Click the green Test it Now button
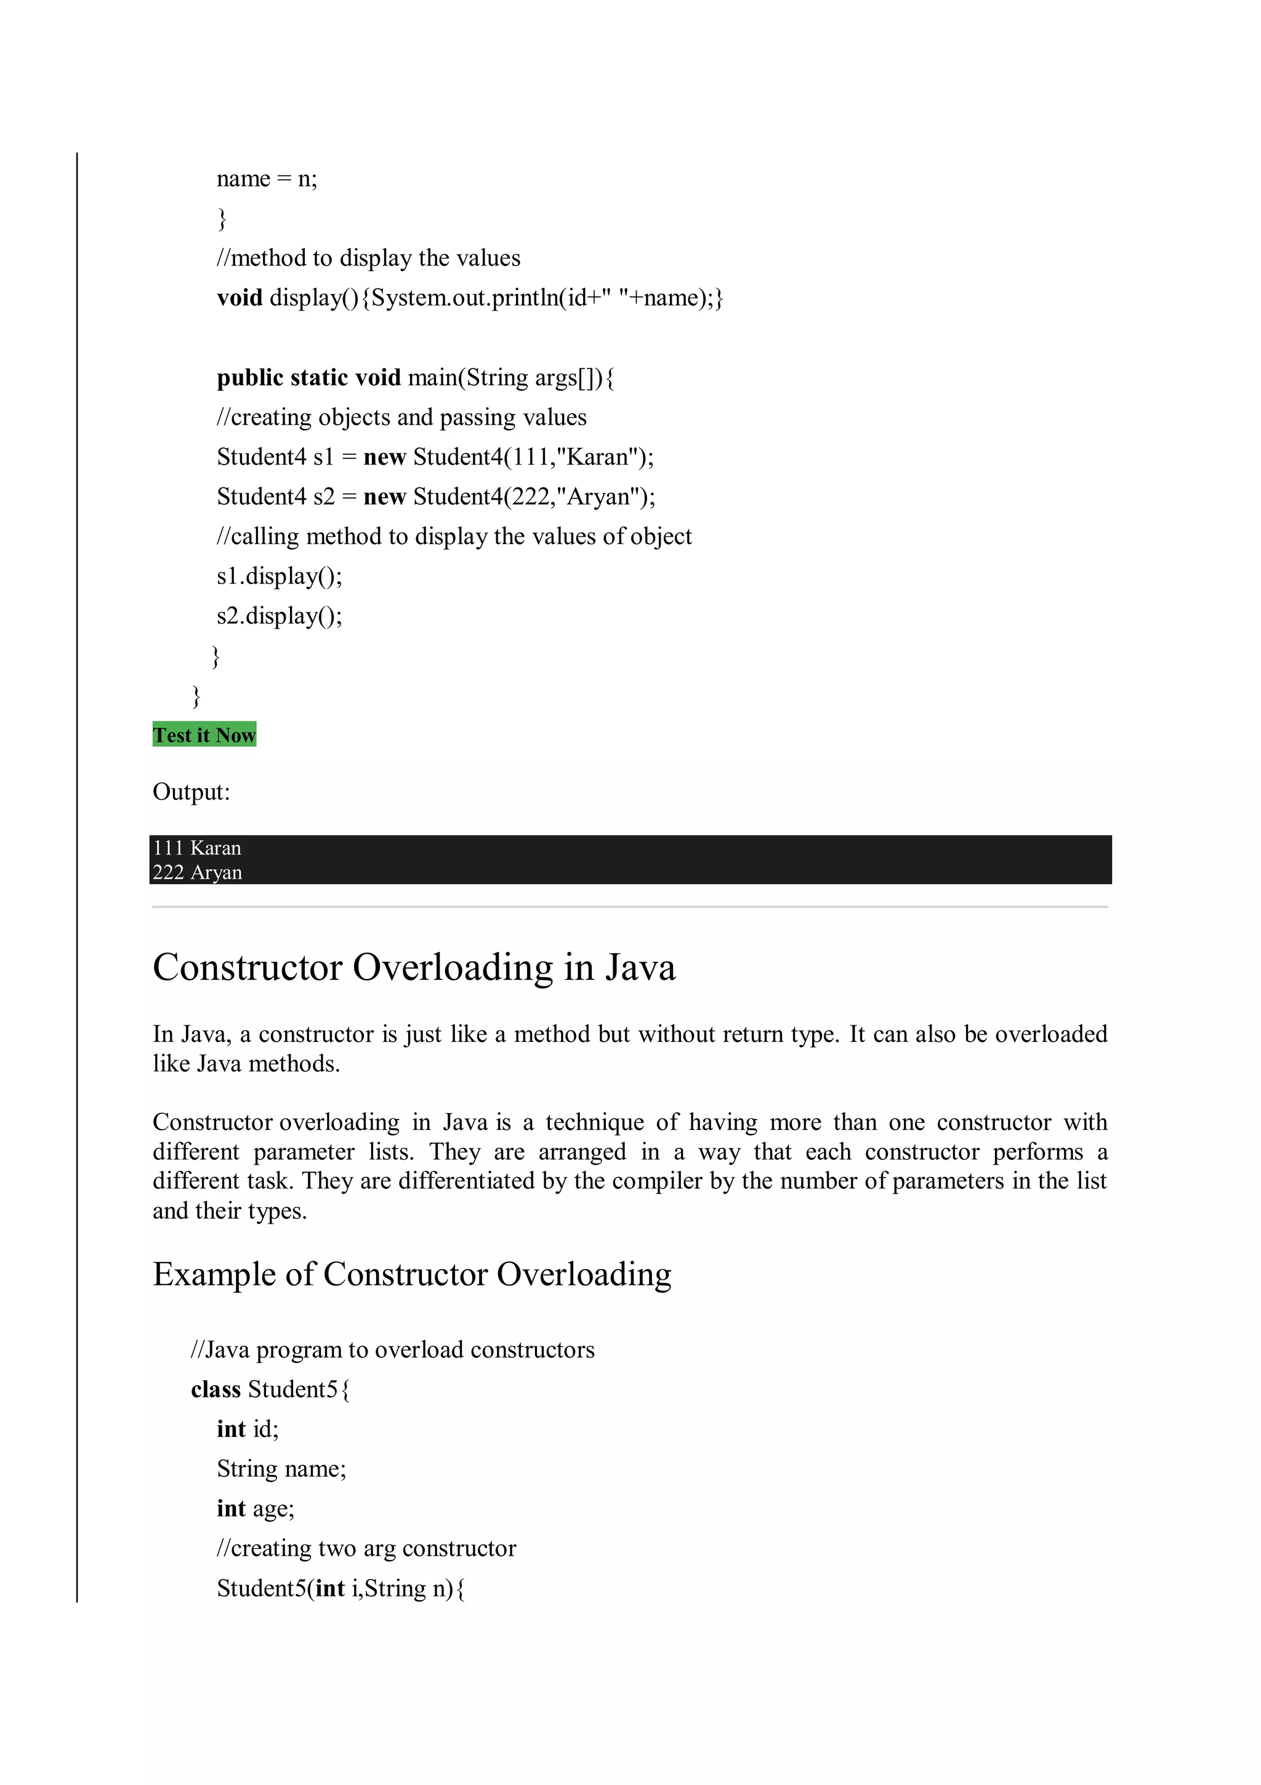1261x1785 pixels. (x=204, y=734)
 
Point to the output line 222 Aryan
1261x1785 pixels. (x=198, y=872)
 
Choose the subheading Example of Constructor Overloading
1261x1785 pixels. (x=412, y=1274)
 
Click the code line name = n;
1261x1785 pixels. (x=267, y=179)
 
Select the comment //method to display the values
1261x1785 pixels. (x=368, y=258)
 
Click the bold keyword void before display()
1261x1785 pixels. (x=240, y=298)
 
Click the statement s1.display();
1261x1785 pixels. (x=279, y=576)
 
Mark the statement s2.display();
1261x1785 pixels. (x=279, y=616)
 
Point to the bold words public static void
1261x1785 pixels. (x=308, y=378)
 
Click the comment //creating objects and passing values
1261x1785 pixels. (x=401, y=418)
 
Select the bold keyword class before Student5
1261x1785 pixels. (x=216, y=1389)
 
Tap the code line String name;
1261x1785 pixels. (x=281, y=1468)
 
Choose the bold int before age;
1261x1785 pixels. (x=231, y=1508)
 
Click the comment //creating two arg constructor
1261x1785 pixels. (x=366, y=1548)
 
